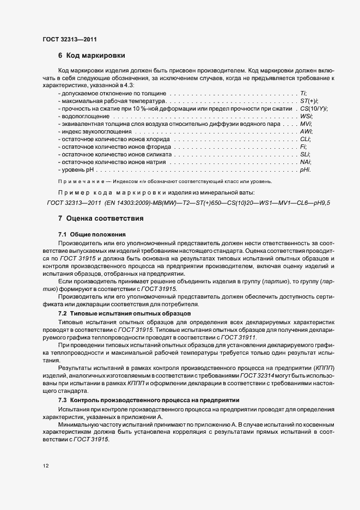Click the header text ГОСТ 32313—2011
click(x=70, y=39)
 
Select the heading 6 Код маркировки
click(x=92, y=56)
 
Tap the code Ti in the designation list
click(x=303, y=93)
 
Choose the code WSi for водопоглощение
click(x=306, y=116)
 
